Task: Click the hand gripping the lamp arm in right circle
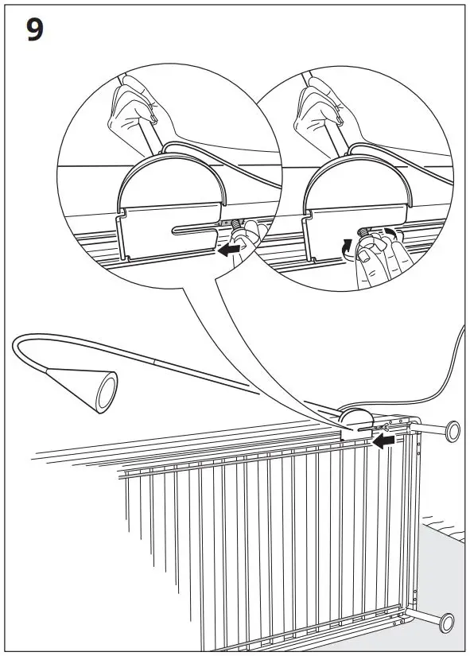coord(318,111)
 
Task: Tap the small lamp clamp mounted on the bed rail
coord(355,420)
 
